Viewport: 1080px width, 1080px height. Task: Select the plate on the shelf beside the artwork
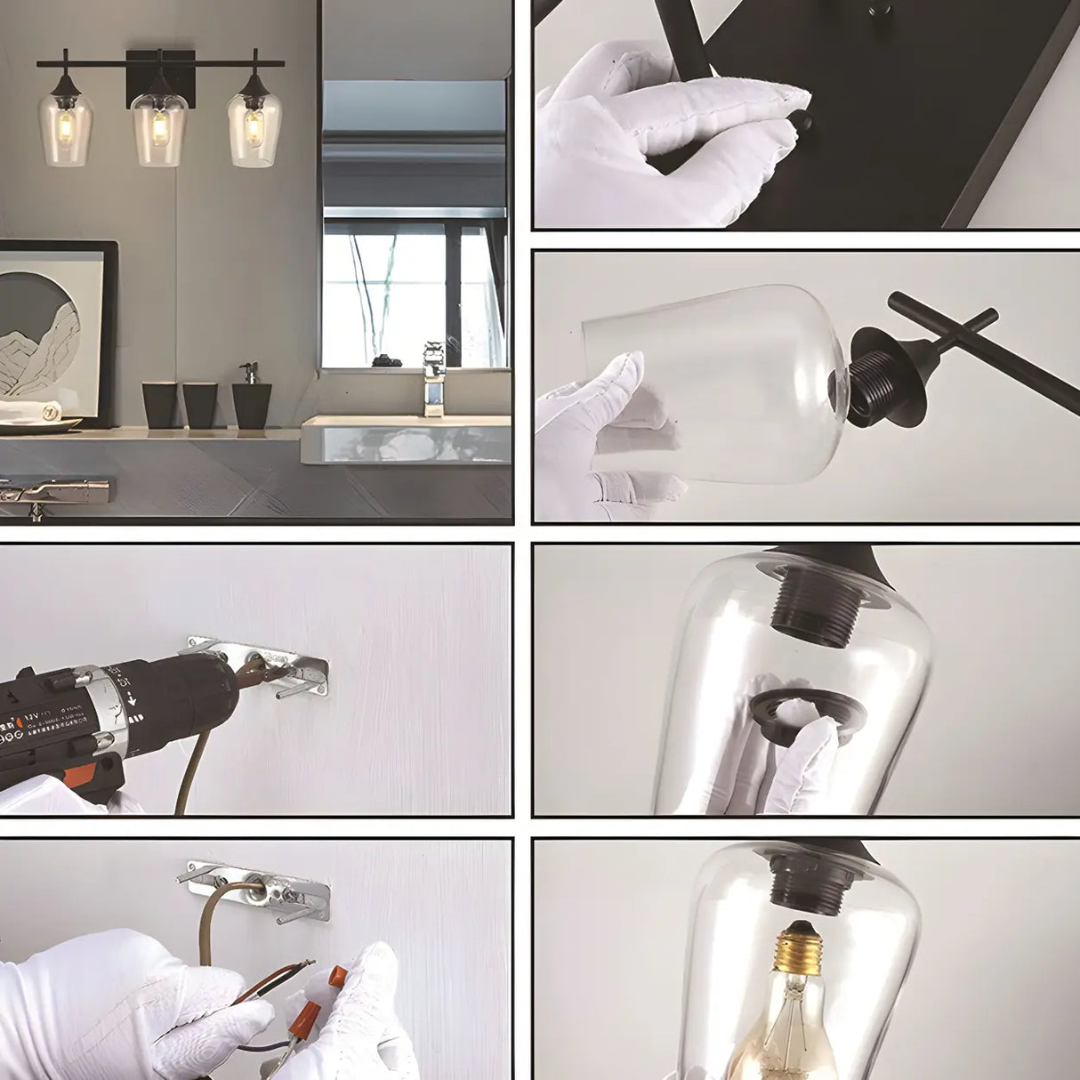coord(36,424)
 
